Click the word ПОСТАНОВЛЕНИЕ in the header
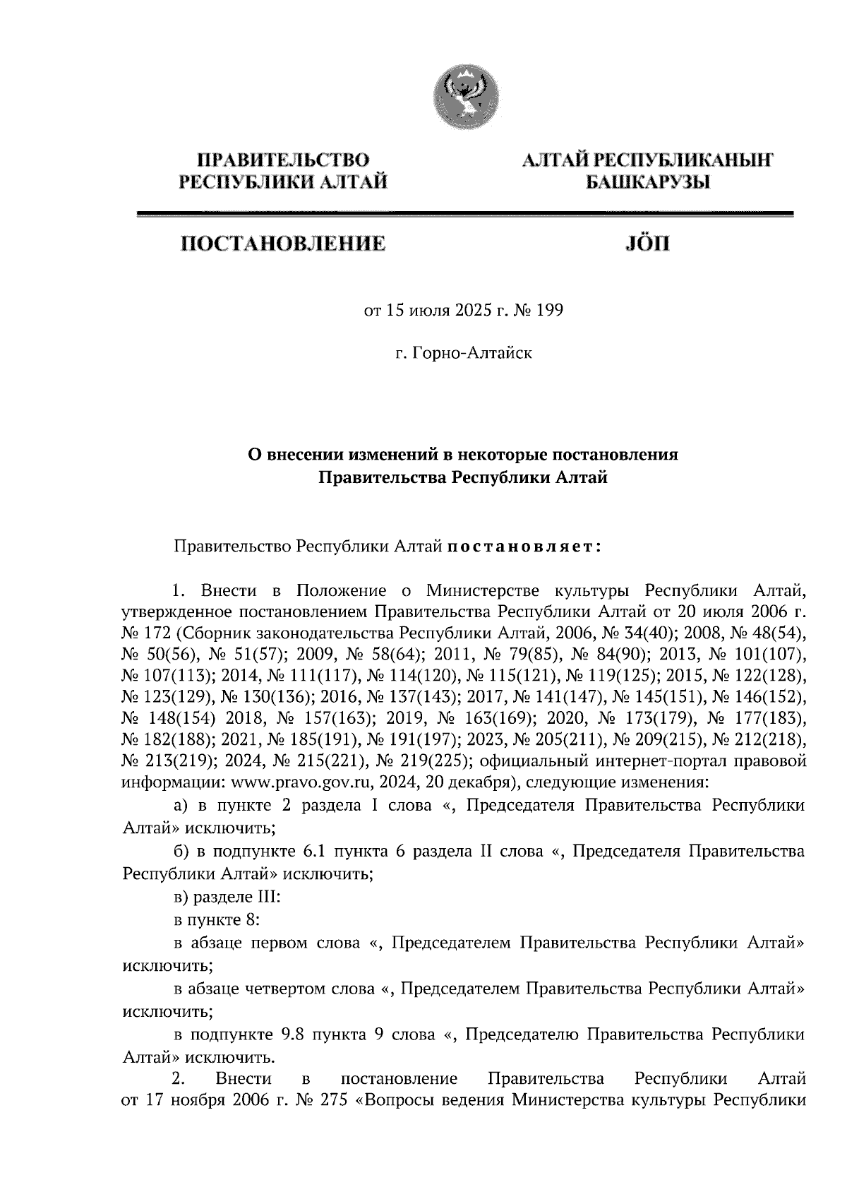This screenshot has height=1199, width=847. (x=284, y=245)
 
